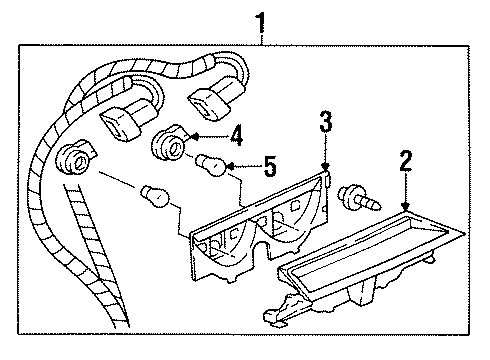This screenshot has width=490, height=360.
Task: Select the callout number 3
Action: [326, 124]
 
